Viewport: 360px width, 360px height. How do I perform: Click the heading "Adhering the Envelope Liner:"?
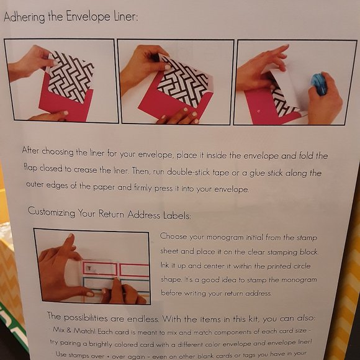71,17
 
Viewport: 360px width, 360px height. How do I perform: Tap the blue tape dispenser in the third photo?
318,83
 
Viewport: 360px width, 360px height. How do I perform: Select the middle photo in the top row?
176,82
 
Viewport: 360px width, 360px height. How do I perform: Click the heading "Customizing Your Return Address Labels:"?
109,215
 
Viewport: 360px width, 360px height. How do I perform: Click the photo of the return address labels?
92,266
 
